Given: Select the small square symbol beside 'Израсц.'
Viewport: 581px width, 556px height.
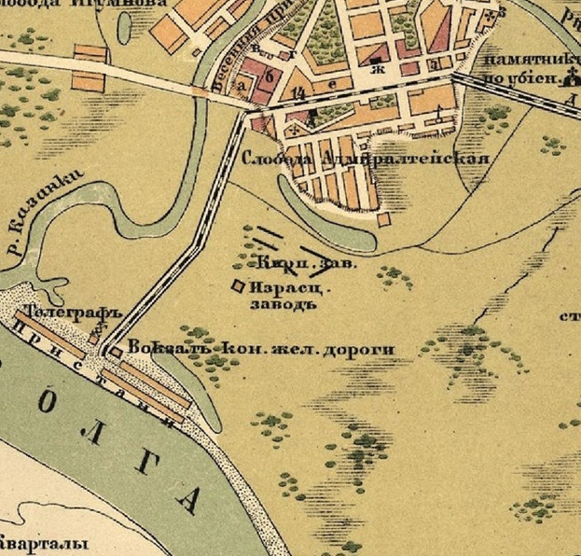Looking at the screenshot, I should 238,285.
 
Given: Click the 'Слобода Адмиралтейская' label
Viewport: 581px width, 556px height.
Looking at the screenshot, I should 366,159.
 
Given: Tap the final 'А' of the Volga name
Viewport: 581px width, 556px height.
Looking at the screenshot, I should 187,502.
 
